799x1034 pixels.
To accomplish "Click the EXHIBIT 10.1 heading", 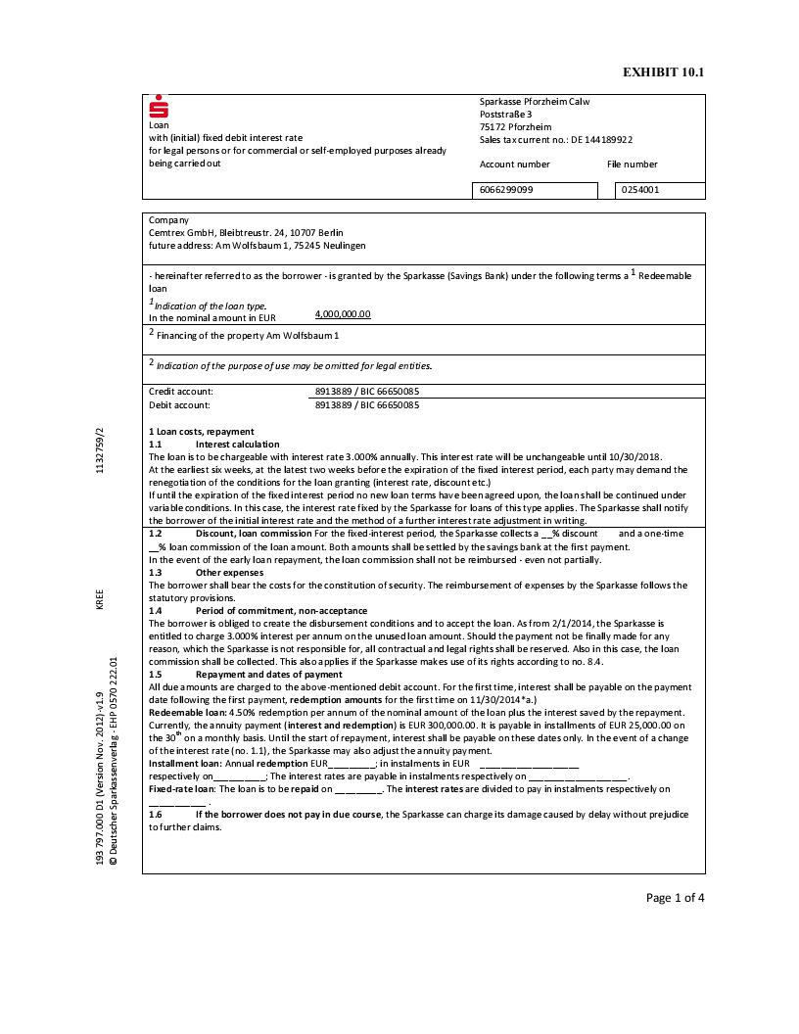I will pos(663,72).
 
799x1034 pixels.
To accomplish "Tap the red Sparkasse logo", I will pos(159,108).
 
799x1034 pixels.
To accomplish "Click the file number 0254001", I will pos(640,189).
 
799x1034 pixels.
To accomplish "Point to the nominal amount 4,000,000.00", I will pos(343,314).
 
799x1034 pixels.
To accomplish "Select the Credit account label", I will pos(180,391).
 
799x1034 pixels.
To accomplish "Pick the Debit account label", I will pos(179,403).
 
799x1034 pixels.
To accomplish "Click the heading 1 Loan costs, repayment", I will pos(201,431).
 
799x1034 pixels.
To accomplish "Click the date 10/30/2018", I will pos(638,456).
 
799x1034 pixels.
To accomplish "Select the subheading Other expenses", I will pos(229,572).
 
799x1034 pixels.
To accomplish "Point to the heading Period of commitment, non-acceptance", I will pos(281,610).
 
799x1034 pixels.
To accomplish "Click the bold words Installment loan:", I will pos(185,763).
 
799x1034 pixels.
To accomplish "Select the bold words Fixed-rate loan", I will pos(181,788).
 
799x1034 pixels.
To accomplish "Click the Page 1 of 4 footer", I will pos(675,897).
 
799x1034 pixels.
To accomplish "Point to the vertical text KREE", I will pos(100,599).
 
